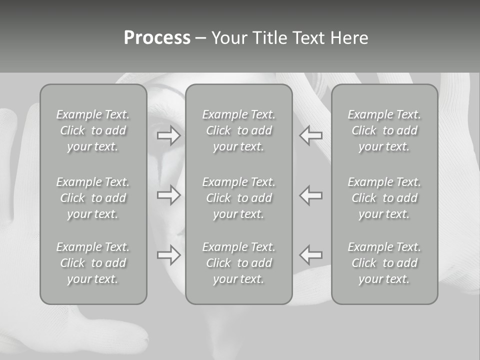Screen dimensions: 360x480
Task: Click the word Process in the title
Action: (x=157, y=38)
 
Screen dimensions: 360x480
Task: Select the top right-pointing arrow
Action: (x=168, y=135)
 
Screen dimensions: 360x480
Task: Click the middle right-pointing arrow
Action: (x=168, y=195)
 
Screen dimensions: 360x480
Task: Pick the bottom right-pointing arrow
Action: (x=168, y=255)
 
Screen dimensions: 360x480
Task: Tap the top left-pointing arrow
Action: (x=311, y=135)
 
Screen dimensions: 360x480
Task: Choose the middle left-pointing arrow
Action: (x=311, y=195)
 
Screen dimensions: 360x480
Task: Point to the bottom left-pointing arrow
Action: (x=311, y=255)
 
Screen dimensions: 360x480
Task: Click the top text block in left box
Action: (x=93, y=130)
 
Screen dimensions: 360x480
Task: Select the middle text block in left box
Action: (x=93, y=198)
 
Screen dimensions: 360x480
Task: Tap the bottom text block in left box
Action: (x=93, y=263)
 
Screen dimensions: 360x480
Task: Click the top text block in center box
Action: (x=239, y=130)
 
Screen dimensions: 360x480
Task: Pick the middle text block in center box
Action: (x=239, y=198)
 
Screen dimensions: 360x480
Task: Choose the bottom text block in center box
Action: (x=239, y=263)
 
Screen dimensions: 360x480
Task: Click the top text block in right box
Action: (x=384, y=130)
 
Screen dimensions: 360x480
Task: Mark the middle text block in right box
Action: (x=384, y=198)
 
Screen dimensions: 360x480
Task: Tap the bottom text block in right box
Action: (x=384, y=263)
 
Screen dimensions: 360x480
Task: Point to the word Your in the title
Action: (x=229, y=38)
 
